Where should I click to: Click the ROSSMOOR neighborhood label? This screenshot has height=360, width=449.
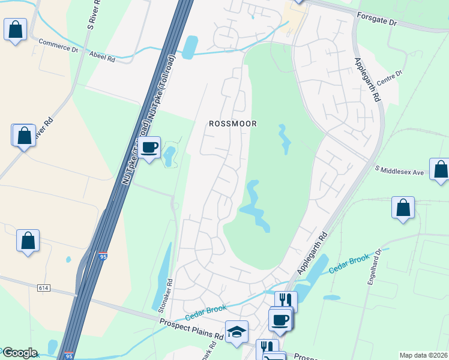coord(233,124)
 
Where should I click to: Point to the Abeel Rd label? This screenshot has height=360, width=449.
coord(103,58)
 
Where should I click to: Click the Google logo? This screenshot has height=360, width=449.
coord(19,353)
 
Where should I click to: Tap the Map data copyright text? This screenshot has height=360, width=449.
coord(423,355)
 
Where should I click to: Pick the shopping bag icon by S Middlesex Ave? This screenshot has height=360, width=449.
coord(440,170)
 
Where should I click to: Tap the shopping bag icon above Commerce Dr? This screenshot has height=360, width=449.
coord(15,29)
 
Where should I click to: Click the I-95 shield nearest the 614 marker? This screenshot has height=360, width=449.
coord(103,256)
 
